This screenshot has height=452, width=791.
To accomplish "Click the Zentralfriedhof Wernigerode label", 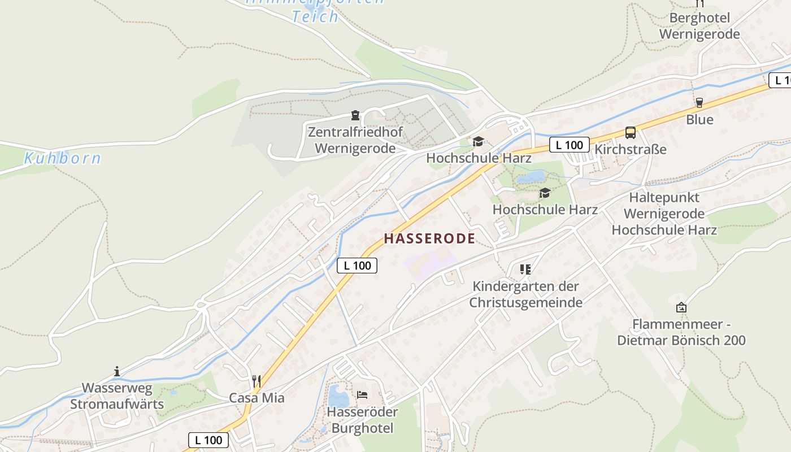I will [x=355, y=141].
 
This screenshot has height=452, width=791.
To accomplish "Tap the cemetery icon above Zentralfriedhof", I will [x=355, y=116].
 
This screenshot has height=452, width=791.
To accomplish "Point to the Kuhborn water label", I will [x=62, y=158].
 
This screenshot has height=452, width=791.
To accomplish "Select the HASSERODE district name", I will [x=429, y=238].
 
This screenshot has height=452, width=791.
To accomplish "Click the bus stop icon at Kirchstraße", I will [x=631, y=133].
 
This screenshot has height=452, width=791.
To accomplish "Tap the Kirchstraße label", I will [x=631, y=150].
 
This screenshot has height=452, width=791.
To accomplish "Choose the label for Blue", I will [x=699, y=120].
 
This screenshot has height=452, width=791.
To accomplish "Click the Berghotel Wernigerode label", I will [x=699, y=26].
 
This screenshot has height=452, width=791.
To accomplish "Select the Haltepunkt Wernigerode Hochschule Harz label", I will [x=664, y=214].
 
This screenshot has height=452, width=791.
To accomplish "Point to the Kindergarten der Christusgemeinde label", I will [x=526, y=294].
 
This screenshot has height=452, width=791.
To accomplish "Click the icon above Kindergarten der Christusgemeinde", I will [x=525, y=270].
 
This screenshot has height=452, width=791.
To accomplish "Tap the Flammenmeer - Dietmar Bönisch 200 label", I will [x=681, y=333].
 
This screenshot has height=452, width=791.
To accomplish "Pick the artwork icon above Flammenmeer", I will [x=681, y=307].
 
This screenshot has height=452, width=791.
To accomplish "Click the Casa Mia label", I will [x=257, y=398].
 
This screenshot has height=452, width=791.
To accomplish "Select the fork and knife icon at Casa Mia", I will [x=257, y=381].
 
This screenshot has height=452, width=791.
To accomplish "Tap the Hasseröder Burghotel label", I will [x=362, y=420].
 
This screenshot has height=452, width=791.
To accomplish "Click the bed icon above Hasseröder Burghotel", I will [x=362, y=394].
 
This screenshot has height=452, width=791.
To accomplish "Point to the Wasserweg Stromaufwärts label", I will [x=117, y=396].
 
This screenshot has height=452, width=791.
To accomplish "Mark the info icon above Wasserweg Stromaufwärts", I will [x=117, y=371].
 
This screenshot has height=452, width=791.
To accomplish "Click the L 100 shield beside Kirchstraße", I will [x=569, y=145].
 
